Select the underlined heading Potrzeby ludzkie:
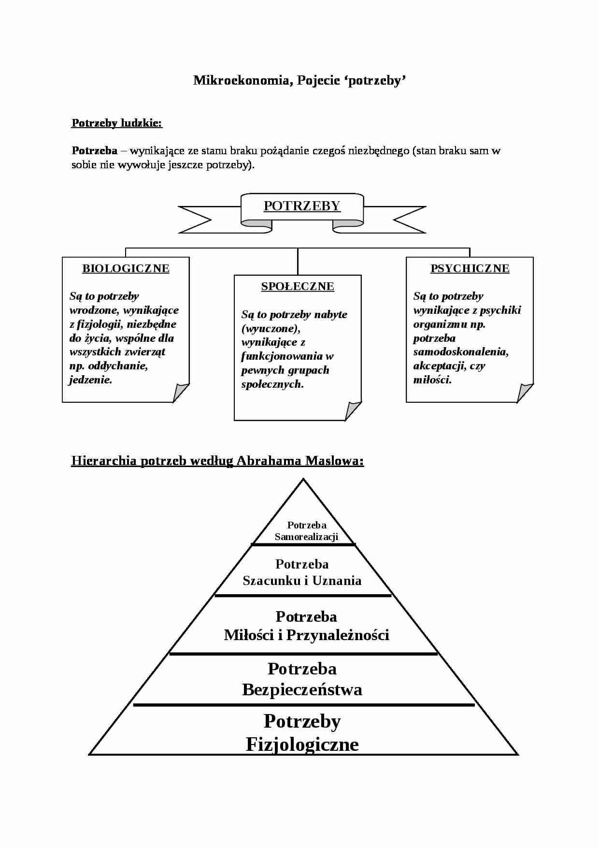117,123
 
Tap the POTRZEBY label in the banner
302,206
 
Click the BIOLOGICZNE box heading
126,268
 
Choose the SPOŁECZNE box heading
298,286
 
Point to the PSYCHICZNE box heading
470,268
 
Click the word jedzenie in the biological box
90,380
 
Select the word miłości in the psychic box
432,380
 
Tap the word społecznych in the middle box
272,384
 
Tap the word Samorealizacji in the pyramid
306,537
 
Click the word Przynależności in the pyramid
338,635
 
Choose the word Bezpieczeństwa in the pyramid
302,689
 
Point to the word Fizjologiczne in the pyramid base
302,744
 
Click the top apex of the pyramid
303,479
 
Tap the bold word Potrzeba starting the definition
95,150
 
